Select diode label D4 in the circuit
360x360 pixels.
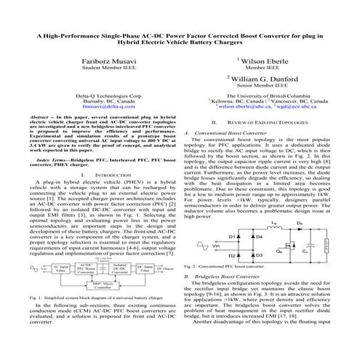(x=259, y=217)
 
